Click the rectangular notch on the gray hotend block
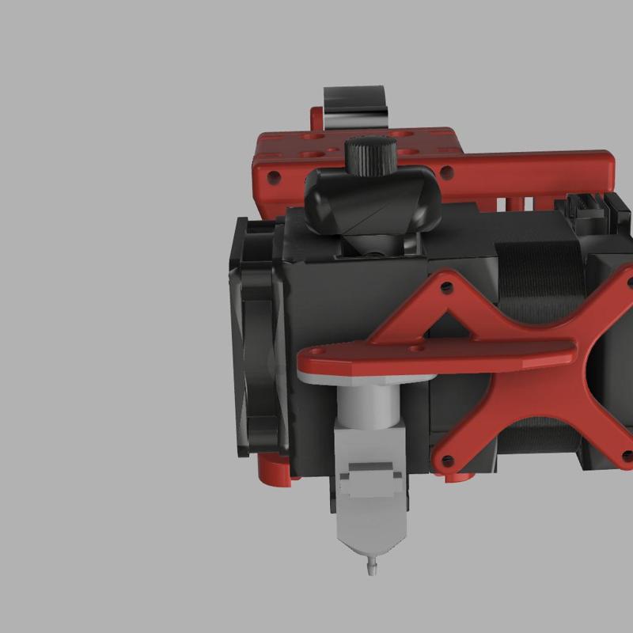point(370,475)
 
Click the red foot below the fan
point(273,471)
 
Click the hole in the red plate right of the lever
point(448,170)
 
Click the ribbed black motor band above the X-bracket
point(538,269)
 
